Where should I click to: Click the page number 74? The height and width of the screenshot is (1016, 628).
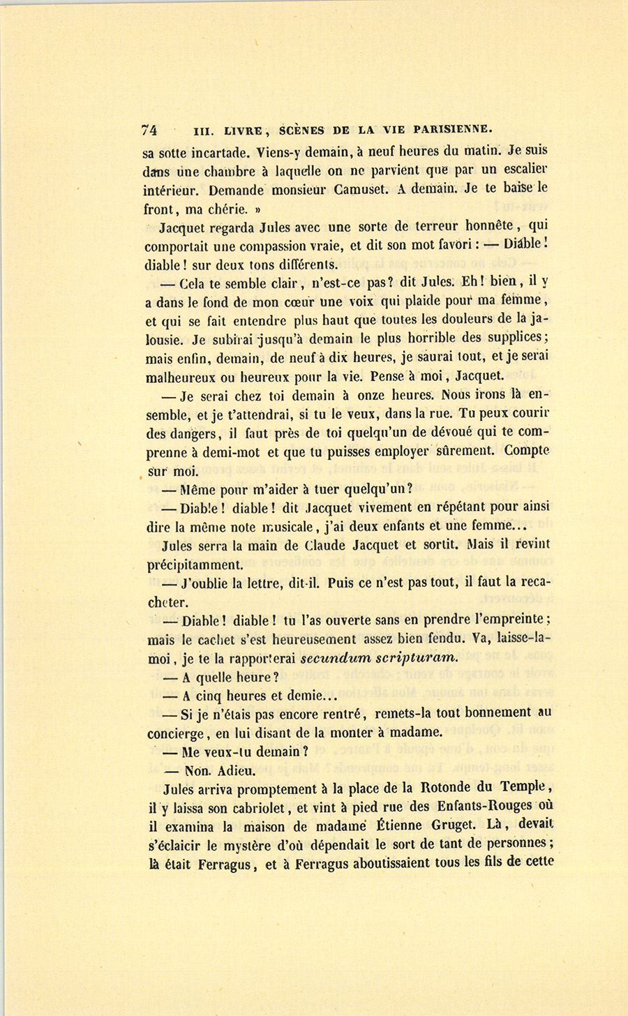[149, 130]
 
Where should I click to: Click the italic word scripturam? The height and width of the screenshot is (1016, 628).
[417, 657]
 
